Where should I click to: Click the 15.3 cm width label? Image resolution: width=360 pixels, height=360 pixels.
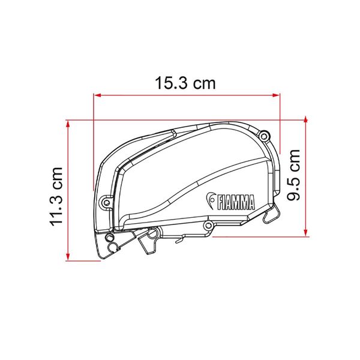click(185, 83)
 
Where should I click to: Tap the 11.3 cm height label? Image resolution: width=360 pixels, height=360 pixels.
click(56, 197)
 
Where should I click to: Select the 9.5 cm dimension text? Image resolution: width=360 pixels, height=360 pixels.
click(293, 175)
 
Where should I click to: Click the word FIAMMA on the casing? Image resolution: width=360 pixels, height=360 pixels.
click(236, 202)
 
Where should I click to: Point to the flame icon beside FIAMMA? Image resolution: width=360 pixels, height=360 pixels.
click(211, 200)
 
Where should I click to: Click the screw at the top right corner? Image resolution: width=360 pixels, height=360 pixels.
click(264, 136)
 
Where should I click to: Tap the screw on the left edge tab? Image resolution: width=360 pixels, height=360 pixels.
click(106, 202)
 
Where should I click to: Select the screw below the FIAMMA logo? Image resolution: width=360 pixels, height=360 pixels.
click(208, 225)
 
